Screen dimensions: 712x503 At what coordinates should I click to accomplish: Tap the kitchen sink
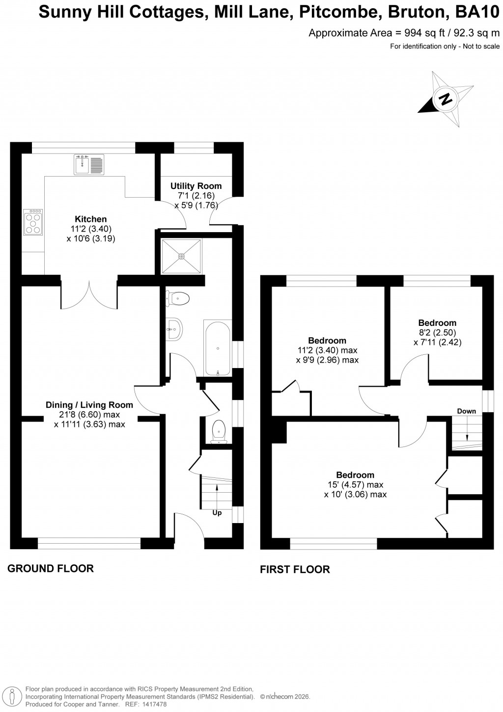click(89, 164)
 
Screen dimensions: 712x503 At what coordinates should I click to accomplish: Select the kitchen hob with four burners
click(33, 223)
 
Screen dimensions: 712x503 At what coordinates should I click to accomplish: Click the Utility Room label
click(196, 186)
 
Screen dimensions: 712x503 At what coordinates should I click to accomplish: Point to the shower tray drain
click(181, 256)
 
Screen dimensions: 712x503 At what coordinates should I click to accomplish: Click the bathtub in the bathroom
click(217, 348)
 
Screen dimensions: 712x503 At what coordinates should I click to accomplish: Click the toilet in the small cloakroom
click(218, 432)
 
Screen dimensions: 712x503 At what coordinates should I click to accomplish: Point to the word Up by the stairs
click(217, 513)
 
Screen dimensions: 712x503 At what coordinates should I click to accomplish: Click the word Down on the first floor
click(466, 411)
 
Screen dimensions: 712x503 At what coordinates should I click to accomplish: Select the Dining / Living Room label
click(89, 405)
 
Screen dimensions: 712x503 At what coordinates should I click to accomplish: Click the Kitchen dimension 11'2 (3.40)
click(91, 229)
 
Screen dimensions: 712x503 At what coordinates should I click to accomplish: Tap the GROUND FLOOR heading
click(51, 569)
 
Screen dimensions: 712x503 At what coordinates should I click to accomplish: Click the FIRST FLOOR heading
click(295, 569)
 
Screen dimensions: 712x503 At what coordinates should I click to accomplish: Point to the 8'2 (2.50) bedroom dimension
click(437, 333)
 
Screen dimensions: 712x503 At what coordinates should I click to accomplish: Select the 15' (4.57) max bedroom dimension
click(355, 485)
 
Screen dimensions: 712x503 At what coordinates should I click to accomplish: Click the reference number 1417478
click(153, 704)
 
